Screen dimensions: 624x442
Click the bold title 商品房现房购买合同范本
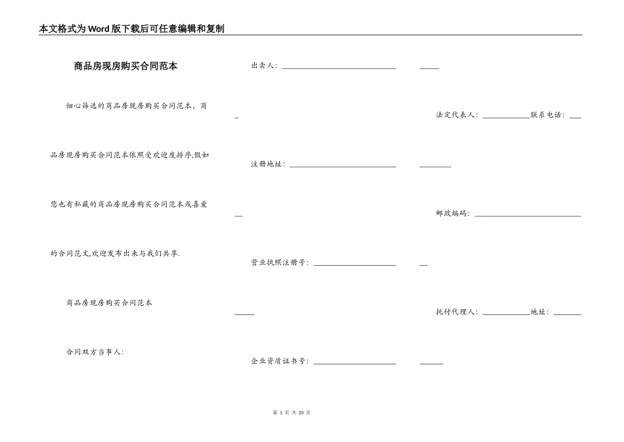(x=125, y=66)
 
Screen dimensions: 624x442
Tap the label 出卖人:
(x=264, y=66)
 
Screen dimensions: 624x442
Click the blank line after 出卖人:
(x=339, y=67)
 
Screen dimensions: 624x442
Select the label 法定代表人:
(x=457, y=115)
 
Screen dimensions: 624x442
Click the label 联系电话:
(x=548, y=115)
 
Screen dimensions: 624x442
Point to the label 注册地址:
(x=268, y=164)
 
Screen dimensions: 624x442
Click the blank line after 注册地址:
(x=343, y=166)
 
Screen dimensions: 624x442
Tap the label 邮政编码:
(x=453, y=214)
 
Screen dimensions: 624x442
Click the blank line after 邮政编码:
(x=528, y=215)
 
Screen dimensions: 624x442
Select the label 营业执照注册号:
(x=280, y=263)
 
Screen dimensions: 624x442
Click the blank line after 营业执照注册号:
(x=355, y=264)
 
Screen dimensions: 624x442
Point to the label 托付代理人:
(x=457, y=312)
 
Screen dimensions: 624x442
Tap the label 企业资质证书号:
(x=280, y=362)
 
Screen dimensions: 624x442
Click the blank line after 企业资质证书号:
(x=355, y=363)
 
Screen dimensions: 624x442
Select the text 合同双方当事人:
(x=95, y=352)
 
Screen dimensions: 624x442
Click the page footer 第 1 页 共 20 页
(x=291, y=412)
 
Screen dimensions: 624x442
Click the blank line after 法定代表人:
(x=506, y=116)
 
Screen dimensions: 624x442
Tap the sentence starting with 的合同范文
(x=115, y=253)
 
